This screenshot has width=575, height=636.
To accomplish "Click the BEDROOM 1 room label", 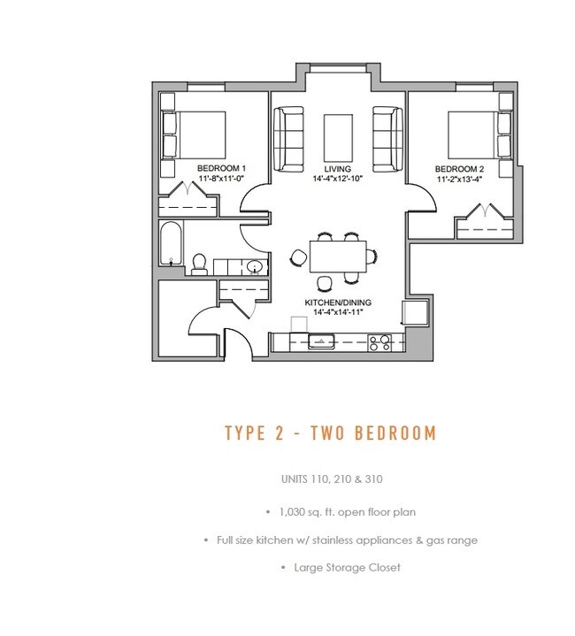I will coord(220,168).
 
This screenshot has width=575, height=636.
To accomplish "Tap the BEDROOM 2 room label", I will coord(459,168).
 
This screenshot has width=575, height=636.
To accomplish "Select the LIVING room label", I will coord(337,168).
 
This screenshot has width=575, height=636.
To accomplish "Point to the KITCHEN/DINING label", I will coord(338,303).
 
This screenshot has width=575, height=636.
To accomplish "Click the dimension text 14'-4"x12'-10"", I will coord(337,178).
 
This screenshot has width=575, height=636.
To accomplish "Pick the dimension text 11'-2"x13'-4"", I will coord(459,178).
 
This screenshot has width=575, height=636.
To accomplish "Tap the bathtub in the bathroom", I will coord(172,243).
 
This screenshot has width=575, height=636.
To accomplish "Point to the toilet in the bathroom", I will coord(200,263).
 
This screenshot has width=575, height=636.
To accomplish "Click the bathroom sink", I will coord(255,266).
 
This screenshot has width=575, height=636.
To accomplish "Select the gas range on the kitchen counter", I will coord(379,341).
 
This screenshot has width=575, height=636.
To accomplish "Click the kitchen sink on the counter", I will coord(318,341).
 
